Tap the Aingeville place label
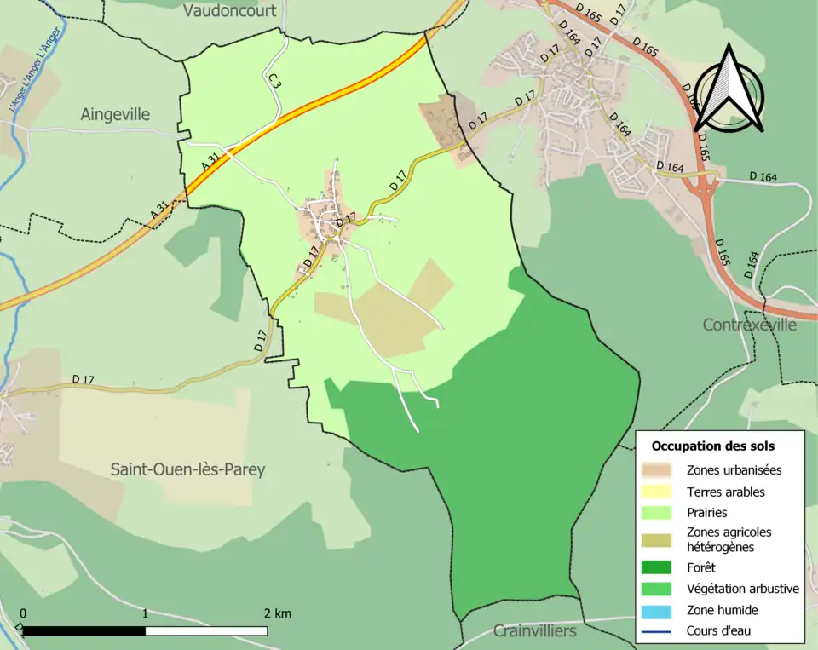[x=115, y=114]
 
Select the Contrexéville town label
[x=749, y=325]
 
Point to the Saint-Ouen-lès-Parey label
[x=187, y=469]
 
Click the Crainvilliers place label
[x=534, y=631]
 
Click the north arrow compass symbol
[x=729, y=89]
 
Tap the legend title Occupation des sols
[x=712, y=446]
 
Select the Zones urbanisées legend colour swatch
[x=661, y=469]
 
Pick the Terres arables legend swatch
[x=661, y=492]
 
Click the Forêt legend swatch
[x=661, y=567]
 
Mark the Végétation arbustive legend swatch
[x=661, y=589]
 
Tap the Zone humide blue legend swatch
[x=661, y=611]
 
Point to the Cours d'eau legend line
[x=661, y=632]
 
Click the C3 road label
[x=274, y=82]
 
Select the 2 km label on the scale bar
[x=277, y=613]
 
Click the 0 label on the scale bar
[x=23, y=613]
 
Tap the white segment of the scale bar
[x=206, y=631]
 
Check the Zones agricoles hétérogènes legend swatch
[x=661, y=539]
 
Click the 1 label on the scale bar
[x=146, y=613]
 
